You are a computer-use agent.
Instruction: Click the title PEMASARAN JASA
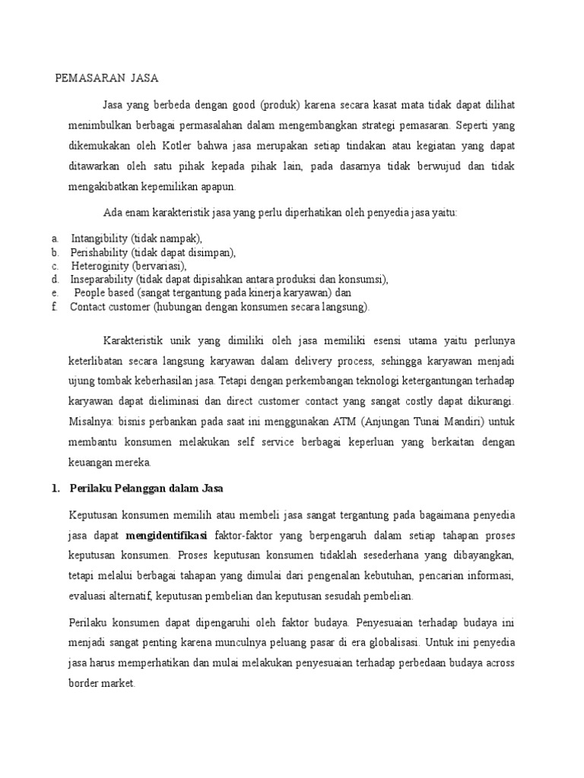[108, 77]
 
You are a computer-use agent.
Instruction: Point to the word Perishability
[99, 252]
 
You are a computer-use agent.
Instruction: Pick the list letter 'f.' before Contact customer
[55, 307]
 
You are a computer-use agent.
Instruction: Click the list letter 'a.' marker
[56, 239]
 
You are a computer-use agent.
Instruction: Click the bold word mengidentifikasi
[167, 533]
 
